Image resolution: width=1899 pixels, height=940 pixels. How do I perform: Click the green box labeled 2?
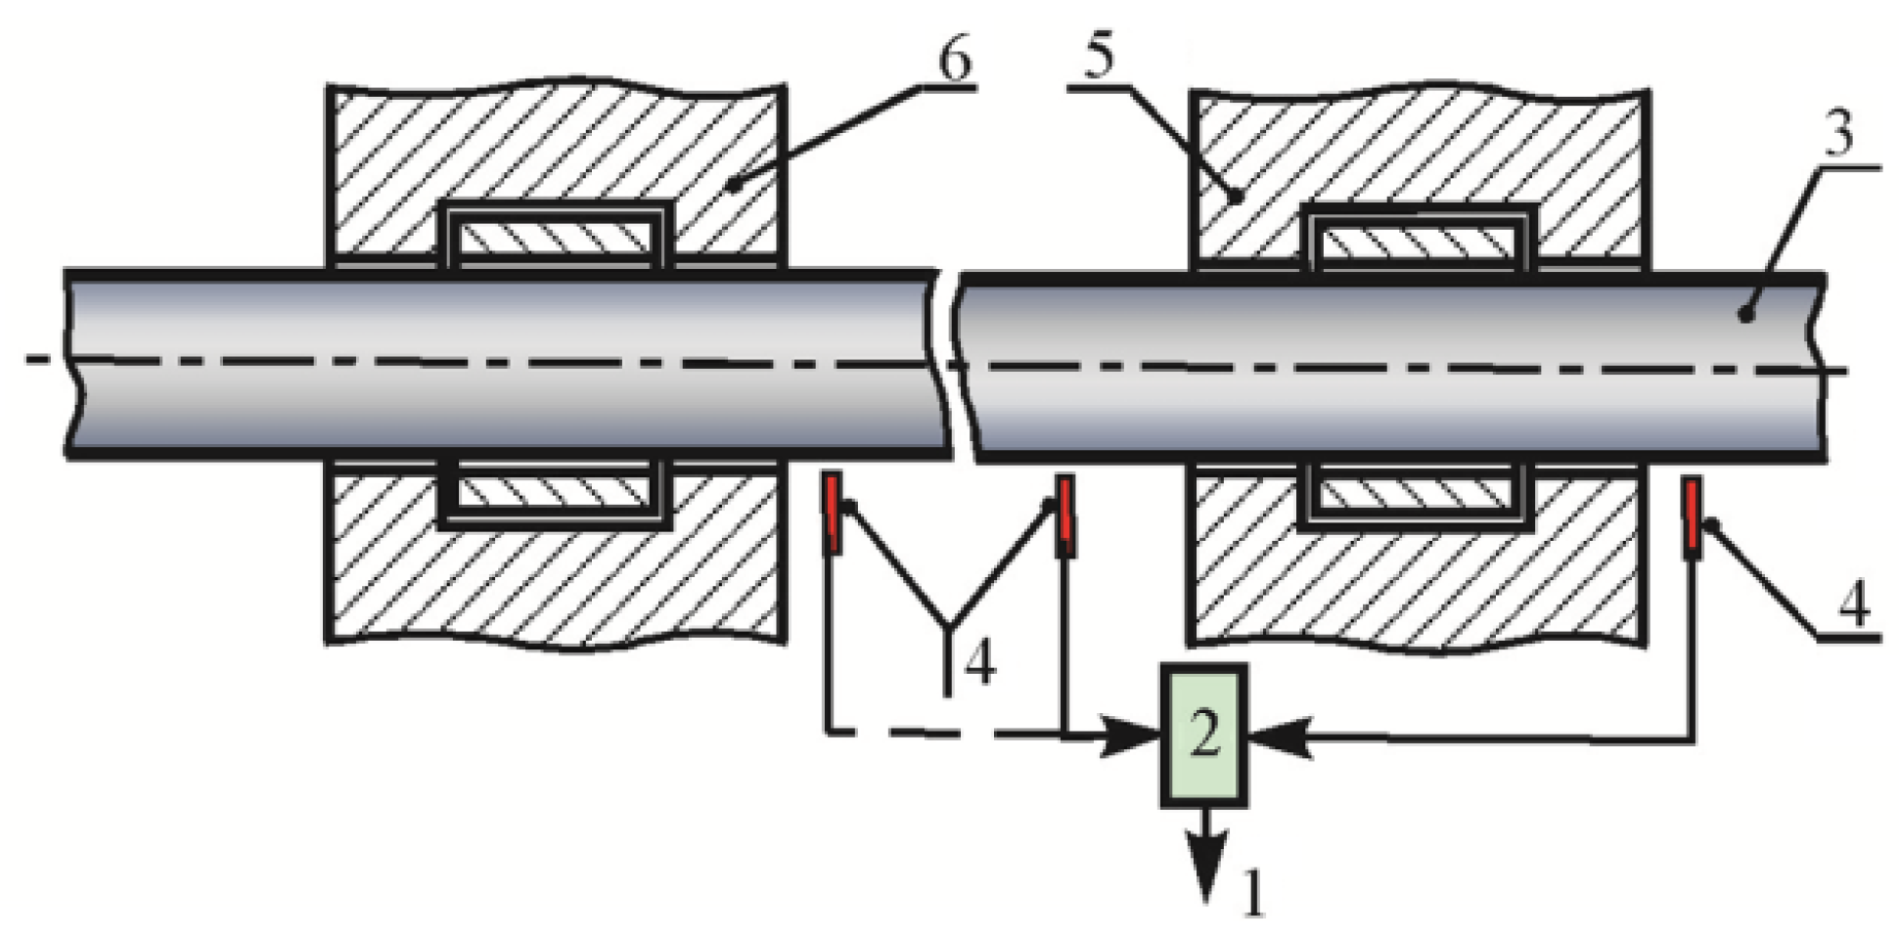point(1204,736)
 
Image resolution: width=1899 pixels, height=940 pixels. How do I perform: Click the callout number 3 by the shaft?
point(1839,137)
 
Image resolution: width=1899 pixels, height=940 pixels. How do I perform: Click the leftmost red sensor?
point(833,513)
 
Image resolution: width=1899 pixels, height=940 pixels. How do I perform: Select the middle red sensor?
point(1065,515)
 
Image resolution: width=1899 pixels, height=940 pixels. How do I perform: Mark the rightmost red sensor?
point(1691,517)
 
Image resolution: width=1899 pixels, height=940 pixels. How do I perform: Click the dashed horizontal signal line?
point(939,731)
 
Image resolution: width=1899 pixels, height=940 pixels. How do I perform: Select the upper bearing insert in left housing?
point(556,239)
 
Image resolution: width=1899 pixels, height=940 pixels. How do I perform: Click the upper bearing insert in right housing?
point(1416,241)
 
